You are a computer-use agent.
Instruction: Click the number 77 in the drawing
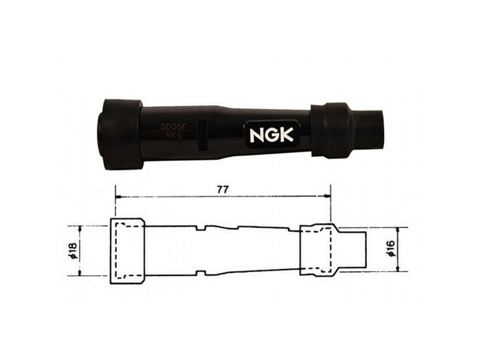click(x=221, y=188)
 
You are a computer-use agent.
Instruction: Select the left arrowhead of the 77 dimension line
click(x=117, y=196)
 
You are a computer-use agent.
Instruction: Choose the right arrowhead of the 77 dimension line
click(x=328, y=196)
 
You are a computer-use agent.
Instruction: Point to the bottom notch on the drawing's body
click(x=201, y=273)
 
